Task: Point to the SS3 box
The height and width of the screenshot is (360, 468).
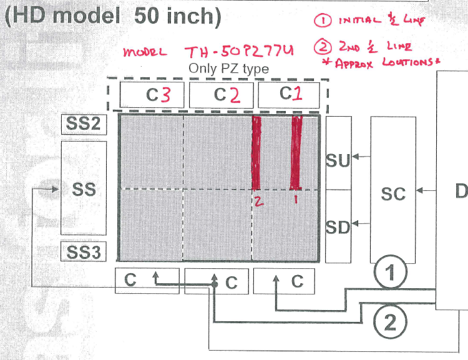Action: click(83, 253)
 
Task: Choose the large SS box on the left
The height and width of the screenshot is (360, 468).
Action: click(83, 188)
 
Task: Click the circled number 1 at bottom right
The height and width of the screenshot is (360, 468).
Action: click(390, 272)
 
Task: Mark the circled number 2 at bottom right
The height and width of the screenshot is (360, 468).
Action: click(390, 323)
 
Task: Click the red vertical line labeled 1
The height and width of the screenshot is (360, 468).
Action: click(296, 153)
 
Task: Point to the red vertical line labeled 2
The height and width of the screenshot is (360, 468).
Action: click(256, 153)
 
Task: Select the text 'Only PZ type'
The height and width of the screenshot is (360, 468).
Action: click(229, 69)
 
